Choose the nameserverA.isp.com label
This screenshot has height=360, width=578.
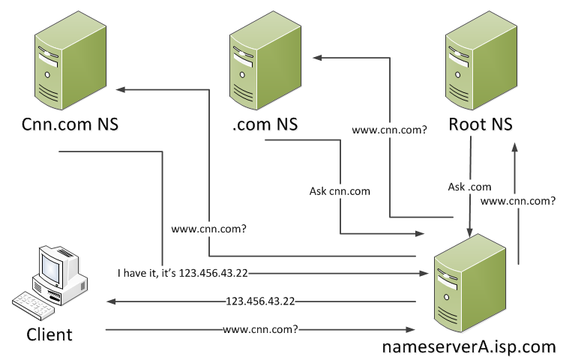pos(469,346)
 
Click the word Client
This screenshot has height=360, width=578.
pos(49,334)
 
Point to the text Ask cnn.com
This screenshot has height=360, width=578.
pos(340,191)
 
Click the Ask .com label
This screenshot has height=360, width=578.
pos(469,186)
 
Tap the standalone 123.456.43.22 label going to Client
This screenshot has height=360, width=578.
pos(260,301)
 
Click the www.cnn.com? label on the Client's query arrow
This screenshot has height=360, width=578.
pos(260,329)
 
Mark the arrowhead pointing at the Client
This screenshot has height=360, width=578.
pos(111,301)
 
